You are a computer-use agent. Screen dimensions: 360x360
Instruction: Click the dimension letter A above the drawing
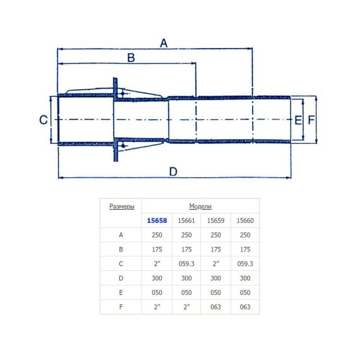click(164, 43)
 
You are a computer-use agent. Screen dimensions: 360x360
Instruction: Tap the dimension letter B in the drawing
click(131, 57)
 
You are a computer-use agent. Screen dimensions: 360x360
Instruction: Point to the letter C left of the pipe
click(44, 120)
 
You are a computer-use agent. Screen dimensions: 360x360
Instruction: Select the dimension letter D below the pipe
click(173, 172)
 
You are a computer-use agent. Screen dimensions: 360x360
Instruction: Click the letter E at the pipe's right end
click(298, 120)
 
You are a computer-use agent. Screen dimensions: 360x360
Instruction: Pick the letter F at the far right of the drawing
click(311, 120)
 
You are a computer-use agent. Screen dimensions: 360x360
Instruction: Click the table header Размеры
click(122, 207)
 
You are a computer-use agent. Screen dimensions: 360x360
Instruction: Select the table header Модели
click(200, 207)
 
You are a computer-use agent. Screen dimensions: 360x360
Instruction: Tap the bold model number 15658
click(157, 220)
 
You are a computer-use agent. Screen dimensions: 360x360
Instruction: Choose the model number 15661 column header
click(186, 220)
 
